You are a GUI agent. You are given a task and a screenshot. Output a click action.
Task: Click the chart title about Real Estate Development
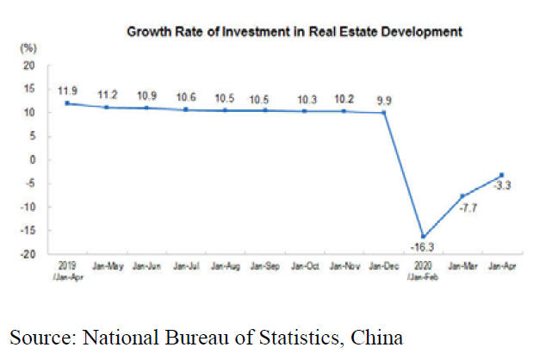(295, 32)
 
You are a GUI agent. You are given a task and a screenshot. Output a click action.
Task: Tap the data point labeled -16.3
(421, 236)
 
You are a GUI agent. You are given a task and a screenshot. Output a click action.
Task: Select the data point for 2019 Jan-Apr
(66, 103)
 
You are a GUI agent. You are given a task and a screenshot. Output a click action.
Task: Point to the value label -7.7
(468, 209)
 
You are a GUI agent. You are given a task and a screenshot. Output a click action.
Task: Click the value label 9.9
(383, 99)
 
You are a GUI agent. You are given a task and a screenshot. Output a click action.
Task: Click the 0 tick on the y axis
(32, 160)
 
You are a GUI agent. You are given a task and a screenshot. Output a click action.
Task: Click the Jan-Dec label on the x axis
(383, 267)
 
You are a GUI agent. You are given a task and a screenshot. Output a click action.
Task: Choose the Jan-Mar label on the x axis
(461, 267)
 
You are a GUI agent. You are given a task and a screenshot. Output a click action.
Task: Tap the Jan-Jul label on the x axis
(185, 267)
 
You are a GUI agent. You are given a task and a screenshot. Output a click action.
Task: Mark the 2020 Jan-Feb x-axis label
(421, 270)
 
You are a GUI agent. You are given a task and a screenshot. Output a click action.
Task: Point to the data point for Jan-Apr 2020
(501, 175)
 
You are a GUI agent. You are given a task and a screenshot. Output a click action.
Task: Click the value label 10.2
(344, 97)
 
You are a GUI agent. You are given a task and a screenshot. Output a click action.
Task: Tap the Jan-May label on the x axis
(106, 267)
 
